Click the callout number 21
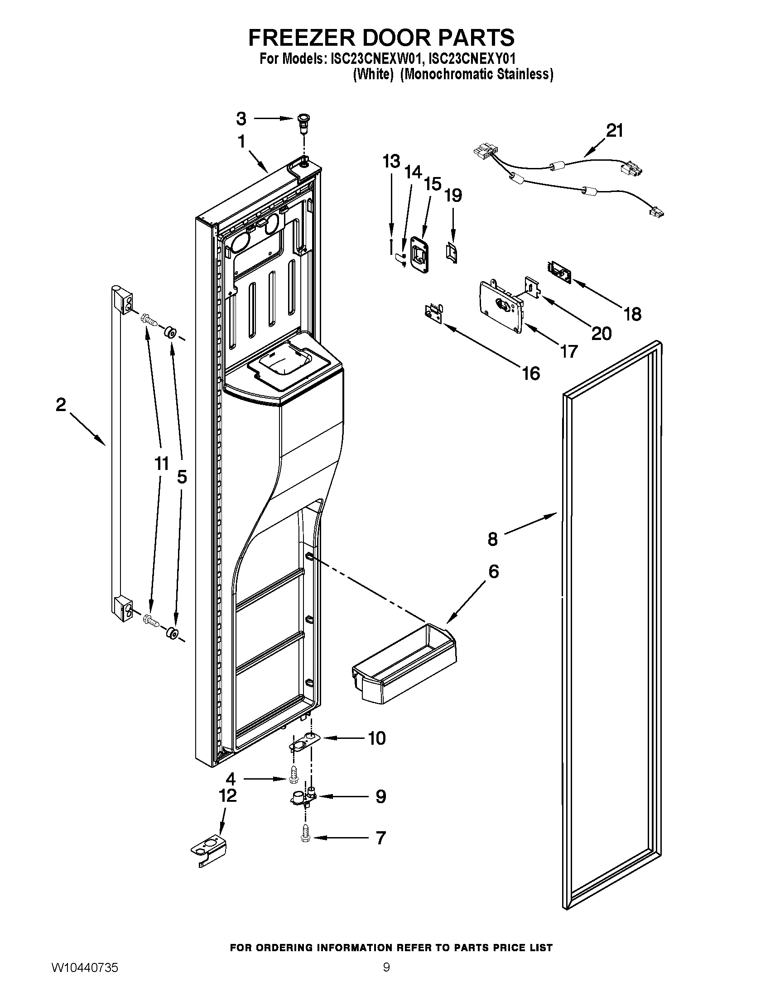615,131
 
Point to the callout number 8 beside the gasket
493,539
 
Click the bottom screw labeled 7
306,838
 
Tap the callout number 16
531,373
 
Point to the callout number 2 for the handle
61,404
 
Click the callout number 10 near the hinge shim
377,738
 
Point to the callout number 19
453,195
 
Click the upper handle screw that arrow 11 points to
149,319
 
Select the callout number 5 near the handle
182,477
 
